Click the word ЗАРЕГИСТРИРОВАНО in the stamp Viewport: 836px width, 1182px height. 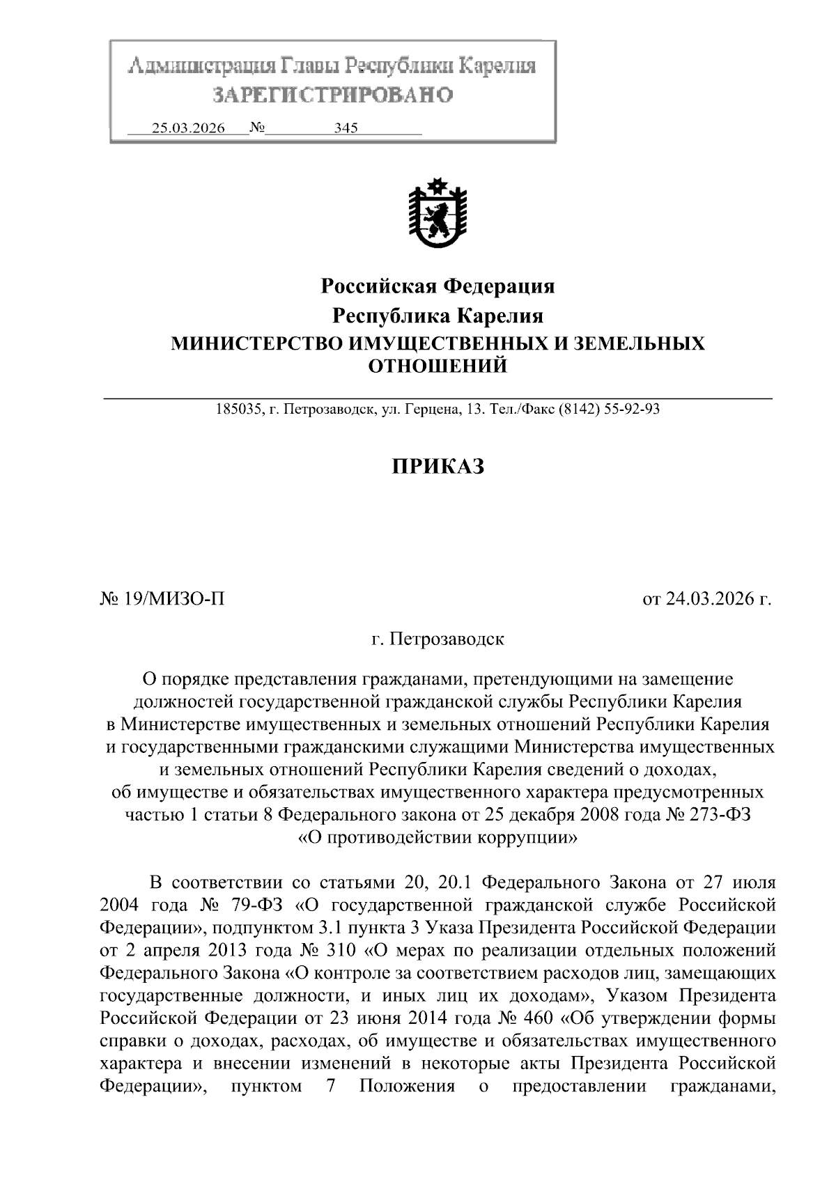tap(332, 94)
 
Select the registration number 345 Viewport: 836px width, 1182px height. tap(346, 128)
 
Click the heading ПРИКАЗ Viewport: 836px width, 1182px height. tap(438, 466)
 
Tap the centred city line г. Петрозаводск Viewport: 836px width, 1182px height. tap(438, 638)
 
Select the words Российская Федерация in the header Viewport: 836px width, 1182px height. tap(438, 286)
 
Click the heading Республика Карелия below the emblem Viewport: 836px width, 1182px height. tap(438, 316)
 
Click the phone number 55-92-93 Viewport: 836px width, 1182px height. tap(633, 410)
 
